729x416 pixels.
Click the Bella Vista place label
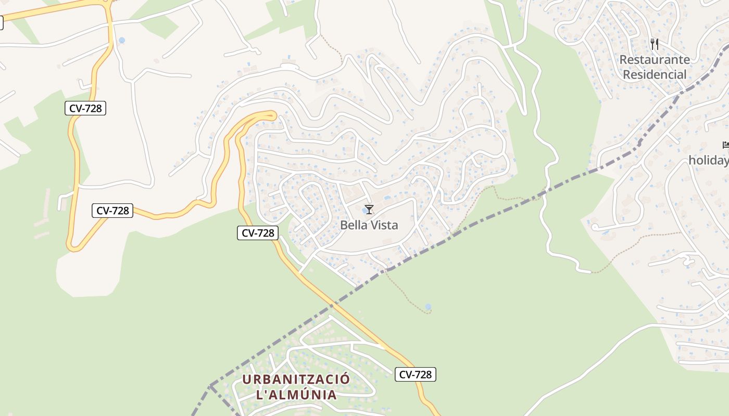point(369,225)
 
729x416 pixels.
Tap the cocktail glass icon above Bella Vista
point(369,210)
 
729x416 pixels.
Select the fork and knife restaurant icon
point(655,44)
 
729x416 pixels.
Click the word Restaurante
point(655,60)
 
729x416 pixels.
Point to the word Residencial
point(655,75)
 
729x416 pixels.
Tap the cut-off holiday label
point(709,161)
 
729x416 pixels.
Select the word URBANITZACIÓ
point(296,379)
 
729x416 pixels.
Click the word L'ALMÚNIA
point(296,395)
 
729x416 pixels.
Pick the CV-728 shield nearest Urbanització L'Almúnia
point(415,374)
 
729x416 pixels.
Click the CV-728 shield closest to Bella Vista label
point(258,233)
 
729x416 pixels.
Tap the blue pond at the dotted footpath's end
point(428,307)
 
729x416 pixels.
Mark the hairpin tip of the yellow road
point(273,115)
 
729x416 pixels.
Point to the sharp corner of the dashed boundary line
point(210,386)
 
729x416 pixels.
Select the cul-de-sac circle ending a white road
point(595,227)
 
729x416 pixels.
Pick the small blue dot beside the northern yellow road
point(122,40)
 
